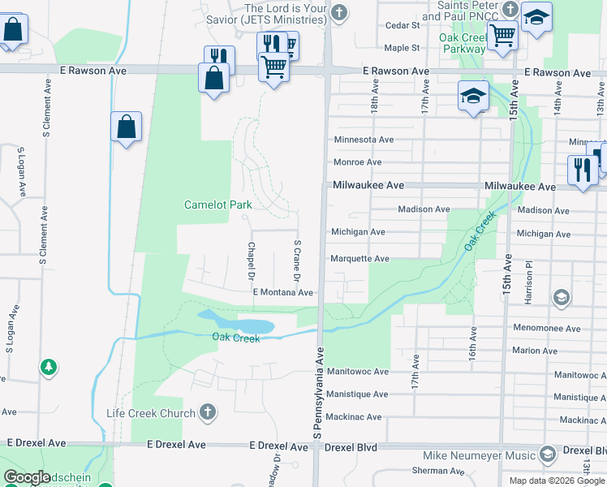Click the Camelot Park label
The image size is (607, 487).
pos(218,205)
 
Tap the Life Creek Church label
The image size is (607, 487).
pos(151,413)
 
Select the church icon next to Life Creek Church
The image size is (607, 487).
pos(207,412)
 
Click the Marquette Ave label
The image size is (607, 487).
pos(360,259)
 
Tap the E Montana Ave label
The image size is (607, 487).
pos(283,292)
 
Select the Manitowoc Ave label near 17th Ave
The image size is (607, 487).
pos(358,371)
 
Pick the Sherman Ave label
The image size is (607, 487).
pos(431,471)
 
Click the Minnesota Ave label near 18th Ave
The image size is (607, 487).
pos(364,140)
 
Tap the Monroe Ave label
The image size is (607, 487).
pos(357,162)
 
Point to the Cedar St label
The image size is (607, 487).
pos(402,25)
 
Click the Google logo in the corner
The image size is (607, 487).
pos(28,478)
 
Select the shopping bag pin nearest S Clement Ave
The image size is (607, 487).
pos(126,127)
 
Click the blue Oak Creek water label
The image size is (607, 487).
pos(236,338)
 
